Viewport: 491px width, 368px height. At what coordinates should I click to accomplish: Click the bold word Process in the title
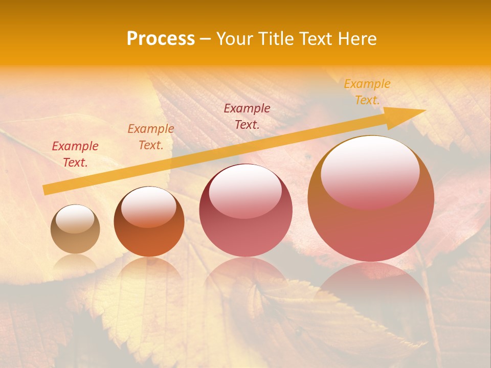(161, 39)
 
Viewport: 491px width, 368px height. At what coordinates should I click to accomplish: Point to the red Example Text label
(75, 154)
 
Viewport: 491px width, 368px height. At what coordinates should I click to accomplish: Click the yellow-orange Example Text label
(367, 92)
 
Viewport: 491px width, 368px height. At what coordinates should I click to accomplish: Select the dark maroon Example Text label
(247, 116)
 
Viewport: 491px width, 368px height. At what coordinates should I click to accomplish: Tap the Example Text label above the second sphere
(151, 137)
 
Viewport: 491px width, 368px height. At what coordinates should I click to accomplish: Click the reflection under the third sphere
(245, 279)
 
